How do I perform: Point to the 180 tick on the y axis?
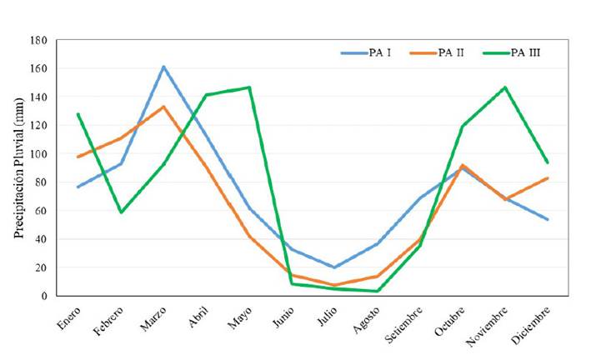click(x=38, y=40)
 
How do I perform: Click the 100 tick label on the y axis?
click(x=38, y=154)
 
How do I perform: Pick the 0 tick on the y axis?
click(x=43, y=296)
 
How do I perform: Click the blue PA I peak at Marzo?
click(x=163, y=67)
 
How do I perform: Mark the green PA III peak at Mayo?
click(x=249, y=87)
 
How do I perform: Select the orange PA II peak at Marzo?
click(x=163, y=107)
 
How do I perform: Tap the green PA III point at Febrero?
click(x=121, y=212)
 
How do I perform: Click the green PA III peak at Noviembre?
click(x=505, y=87)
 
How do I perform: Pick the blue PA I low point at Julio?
click(x=334, y=267)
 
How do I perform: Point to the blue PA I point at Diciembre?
click(x=548, y=219)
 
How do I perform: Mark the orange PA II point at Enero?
click(x=78, y=157)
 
